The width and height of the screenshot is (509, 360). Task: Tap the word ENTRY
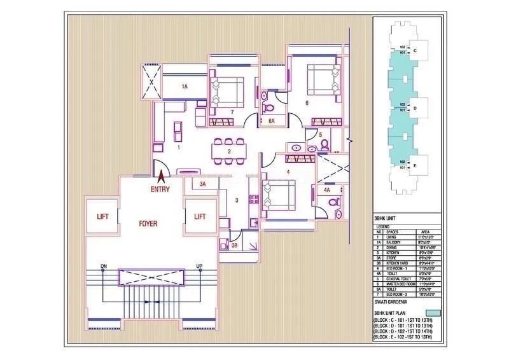pyautogui.click(x=160, y=189)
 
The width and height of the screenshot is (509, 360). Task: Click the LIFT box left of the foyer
pyautogui.click(x=102, y=217)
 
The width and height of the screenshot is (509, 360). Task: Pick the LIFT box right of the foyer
pyautogui.click(x=200, y=217)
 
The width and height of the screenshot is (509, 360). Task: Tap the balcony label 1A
pyautogui.click(x=185, y=86)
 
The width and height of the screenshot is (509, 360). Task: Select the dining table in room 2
pyautogui.click(x=228, y=151)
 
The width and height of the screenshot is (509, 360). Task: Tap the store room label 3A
pyautogui.click(x=203, y=184)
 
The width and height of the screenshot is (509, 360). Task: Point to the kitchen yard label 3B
pyautogui.click(x=234, y=246)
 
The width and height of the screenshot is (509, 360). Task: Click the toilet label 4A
pyautogui.click(x=327, y=190)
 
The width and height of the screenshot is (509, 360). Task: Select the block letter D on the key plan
pyautogui.click(x=415, y=107)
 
